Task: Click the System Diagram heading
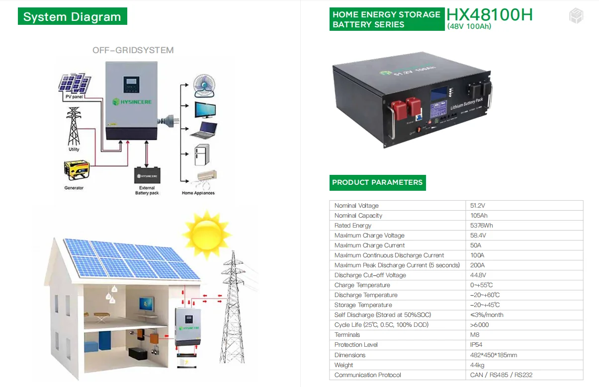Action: pyautogui.click(x=72, y=17)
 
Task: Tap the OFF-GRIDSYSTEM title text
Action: pyautogui.click(x=133, y=50)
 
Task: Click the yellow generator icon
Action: pyautogui.click(x=77, y=170)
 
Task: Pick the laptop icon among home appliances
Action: pyautogui.click(x=204, y=130)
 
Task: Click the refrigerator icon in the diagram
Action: pyautogui.click(x=202, y=155)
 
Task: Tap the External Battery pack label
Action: pyautogui.click(x=147, y=190)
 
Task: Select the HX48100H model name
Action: pyautogui.click(x=489, y=14)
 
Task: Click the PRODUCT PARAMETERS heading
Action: pyautogui.click(x=377, y=182)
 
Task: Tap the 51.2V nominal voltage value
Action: pyautogui.click(x=478, y=206)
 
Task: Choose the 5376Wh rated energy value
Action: pyautogui.click(x=481, y=226)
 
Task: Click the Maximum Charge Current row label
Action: pyautogui.click(x=369, y=245)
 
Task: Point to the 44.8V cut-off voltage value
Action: pyautogui.click(x=478, y=275)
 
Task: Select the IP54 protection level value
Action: pyautogui.click(x=476, y=345)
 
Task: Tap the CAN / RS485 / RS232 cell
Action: pyautogui.click(x=501, y=375)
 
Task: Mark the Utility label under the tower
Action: pyautogui.click(x=74, y=150)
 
